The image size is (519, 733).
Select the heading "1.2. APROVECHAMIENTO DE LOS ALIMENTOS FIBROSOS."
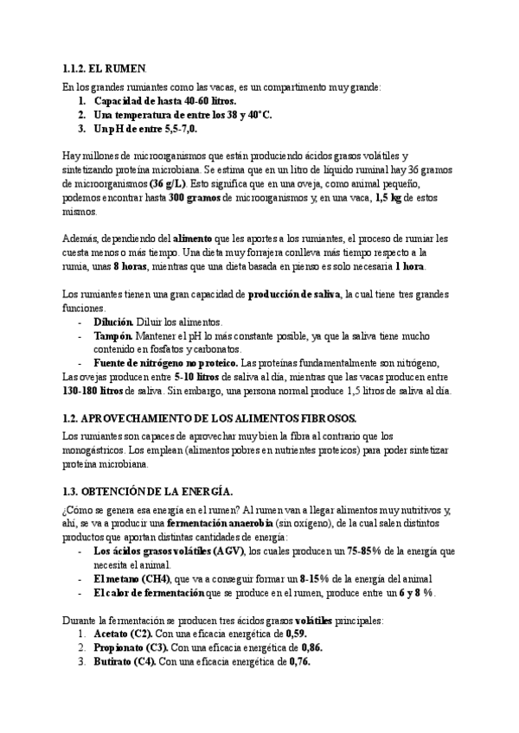pyautogui.click(x=198, y=417)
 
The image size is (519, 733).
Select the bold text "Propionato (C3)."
pyautogui.click(x=132, y=647)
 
